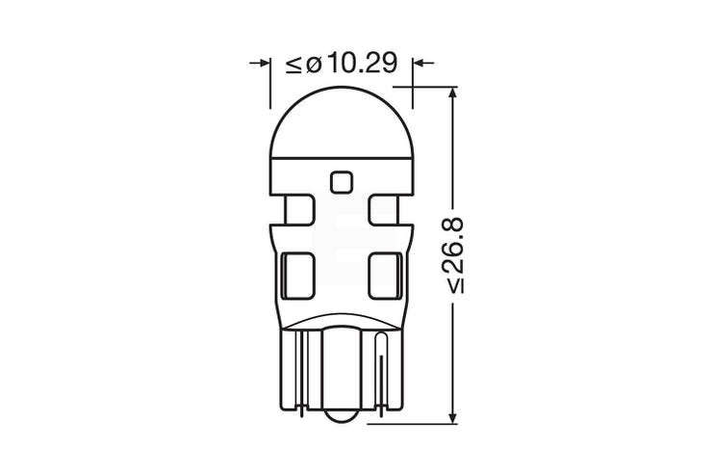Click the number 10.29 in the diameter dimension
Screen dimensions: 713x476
[x=362, y=63]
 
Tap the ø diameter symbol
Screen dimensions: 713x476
[x=315, y=65]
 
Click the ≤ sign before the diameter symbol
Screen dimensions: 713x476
[x=293, y=64]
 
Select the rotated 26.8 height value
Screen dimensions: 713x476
[x=452, y=255]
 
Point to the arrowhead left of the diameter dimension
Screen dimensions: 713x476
[x=265, y=64]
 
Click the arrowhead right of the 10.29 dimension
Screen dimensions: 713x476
[x=419, y=64]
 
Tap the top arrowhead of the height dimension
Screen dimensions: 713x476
[x=452, y=93]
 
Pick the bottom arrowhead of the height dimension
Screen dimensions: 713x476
[x=452, y=417]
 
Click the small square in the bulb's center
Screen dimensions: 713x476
[x=341, y=182]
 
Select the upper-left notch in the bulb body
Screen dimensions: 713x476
[x=298, y=210]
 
